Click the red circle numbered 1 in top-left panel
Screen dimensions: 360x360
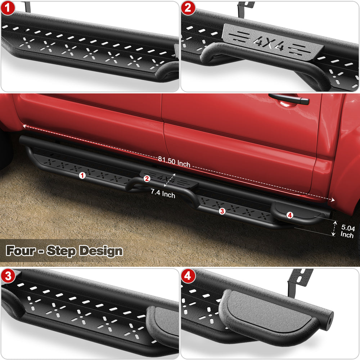tap(8, 8)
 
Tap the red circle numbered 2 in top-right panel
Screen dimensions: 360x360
tap(188, 8)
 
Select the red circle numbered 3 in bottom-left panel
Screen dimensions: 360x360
tap(8, 276)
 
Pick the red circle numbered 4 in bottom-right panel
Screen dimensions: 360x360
tap(188, 276)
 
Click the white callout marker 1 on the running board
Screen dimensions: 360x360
tap(82, 176)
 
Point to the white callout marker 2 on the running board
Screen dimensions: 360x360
tap(147, 179)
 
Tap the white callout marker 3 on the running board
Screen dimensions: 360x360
tap(222, 211)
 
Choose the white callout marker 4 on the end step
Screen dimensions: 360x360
tap(290, 215)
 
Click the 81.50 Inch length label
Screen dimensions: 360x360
tap(174, 162)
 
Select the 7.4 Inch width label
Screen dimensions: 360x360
tap(163, 193)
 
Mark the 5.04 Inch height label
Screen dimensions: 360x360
tap(347, 231)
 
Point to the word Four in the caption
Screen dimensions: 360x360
tap(21, 250)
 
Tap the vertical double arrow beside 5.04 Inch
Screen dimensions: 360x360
tap(334, 228)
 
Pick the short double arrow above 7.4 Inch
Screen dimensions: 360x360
tap(170, 180)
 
